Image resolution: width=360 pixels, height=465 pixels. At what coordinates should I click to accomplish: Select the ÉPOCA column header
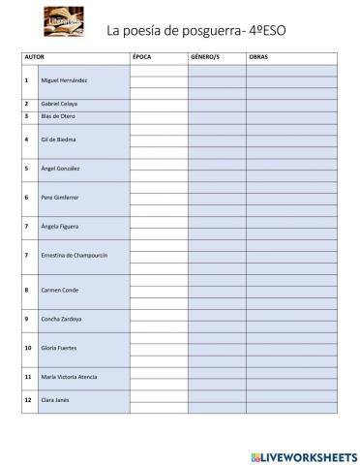[142, 58]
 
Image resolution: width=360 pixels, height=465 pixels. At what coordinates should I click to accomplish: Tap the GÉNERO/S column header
[204, 58]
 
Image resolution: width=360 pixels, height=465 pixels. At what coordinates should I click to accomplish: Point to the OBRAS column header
[258, 58]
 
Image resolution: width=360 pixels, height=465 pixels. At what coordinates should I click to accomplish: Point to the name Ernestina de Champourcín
[74, 255]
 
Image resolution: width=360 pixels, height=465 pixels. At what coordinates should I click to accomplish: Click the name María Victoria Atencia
[69, 376]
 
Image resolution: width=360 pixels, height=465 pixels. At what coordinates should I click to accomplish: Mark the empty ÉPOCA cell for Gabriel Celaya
[159, 103]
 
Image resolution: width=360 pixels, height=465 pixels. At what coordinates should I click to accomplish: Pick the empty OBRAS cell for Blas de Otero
[291, 115]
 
